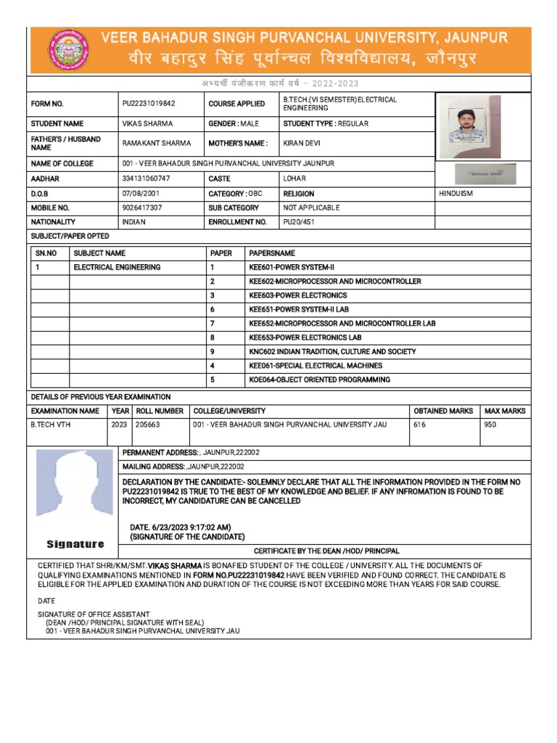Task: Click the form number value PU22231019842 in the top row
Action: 149,104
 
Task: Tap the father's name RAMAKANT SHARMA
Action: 152,144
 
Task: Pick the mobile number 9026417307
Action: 142,208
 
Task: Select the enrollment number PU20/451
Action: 299,222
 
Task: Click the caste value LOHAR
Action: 294,178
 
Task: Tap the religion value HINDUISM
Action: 459,194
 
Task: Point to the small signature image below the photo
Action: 486,174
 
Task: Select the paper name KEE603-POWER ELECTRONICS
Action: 297,296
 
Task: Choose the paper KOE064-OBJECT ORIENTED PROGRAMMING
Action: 319,380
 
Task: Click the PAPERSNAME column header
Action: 272,254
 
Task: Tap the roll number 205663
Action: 148,425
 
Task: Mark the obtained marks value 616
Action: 420,425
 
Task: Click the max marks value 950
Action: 490,425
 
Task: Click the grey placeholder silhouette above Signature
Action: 75,490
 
